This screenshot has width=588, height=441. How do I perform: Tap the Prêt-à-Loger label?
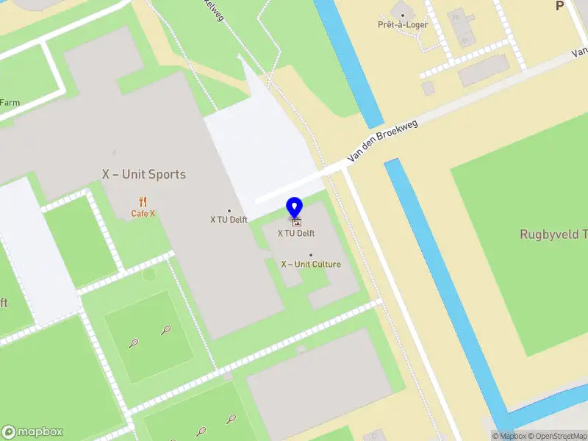(403, 25)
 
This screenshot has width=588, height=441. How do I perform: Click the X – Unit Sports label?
(143, 174)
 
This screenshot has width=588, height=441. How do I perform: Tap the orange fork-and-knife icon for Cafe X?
(143, 201)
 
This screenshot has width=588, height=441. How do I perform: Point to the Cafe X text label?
(143, 214)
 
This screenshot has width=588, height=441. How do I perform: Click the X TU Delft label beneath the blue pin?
(295, 233)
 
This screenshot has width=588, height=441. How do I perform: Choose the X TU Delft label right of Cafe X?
(229, 219)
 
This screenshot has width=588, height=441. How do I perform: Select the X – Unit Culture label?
(311, 264)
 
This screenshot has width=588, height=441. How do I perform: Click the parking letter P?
(559, 6)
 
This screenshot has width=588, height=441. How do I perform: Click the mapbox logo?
(32, 431)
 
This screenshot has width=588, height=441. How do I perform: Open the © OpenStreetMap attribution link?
(556, 436)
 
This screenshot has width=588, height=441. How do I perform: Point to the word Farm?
(10, 103)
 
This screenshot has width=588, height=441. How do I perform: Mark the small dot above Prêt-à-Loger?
(403, 14)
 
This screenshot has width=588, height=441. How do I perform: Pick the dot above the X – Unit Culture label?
(311, 255)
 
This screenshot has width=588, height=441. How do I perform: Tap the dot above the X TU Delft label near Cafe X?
(229, 210)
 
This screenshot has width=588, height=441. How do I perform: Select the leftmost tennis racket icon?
(133, 343)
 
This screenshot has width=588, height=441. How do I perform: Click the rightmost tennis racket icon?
(231, 419)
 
